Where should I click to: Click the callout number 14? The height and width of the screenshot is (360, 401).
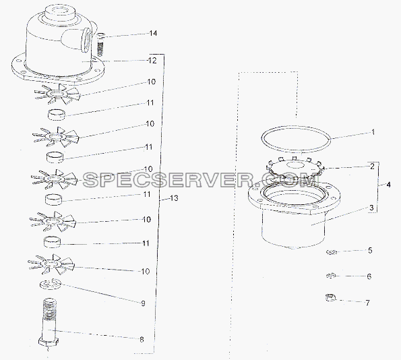(153, 33)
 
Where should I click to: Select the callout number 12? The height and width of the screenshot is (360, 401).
(152, 61)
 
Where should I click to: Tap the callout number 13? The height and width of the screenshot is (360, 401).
(174, 198)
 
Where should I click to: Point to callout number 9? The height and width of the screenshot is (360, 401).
(143, 303)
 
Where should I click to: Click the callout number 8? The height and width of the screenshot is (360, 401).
(142, 340)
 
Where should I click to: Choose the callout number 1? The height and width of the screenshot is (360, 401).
(373, 132)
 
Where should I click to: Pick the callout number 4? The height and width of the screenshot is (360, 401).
(388, 185)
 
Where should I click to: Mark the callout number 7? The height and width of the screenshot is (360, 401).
(367, 303)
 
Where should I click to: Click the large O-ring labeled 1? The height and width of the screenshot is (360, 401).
(296, 126)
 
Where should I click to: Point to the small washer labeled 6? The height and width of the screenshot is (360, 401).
(330, 276)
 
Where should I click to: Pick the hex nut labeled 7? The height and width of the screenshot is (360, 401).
(330, 297)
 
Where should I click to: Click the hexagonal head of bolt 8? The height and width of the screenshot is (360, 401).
(49, 341)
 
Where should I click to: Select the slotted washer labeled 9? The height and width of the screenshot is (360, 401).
(50, 284)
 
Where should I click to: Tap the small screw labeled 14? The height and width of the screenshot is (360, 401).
(101, 44)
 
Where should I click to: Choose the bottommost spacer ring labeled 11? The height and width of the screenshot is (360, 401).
(52, 242)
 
